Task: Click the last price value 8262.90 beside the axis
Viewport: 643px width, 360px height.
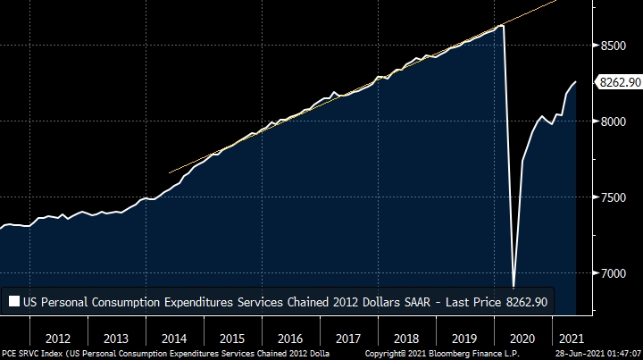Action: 620,82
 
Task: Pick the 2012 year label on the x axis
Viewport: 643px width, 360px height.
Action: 58,339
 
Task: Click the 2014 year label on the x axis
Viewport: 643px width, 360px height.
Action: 173,339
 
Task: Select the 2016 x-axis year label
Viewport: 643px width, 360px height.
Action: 289,339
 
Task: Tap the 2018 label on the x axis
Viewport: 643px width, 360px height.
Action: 405,339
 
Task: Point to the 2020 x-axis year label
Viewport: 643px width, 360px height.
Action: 521,339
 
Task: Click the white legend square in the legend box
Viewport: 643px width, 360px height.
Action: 14,302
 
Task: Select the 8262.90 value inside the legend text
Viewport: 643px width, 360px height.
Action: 524,302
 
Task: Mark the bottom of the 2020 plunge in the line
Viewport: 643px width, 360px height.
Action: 514,287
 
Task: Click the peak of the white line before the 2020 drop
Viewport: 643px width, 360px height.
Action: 502,26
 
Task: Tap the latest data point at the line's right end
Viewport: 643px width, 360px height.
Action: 575,82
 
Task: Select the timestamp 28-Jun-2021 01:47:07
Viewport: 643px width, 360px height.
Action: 593,354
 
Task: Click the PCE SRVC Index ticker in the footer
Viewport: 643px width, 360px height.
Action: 33,354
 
